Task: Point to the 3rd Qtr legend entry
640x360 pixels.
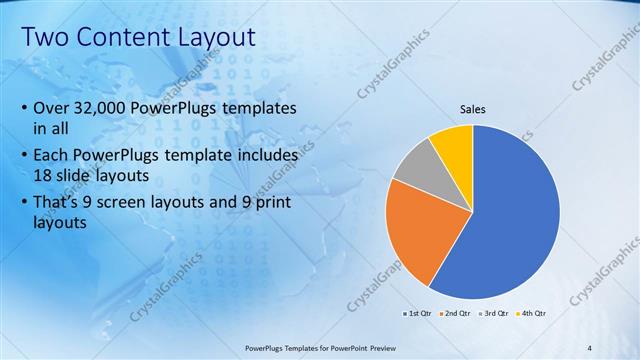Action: pyautogui.click(x=493, y=313)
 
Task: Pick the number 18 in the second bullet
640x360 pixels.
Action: pyautogui.click(x=45, y=176)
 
